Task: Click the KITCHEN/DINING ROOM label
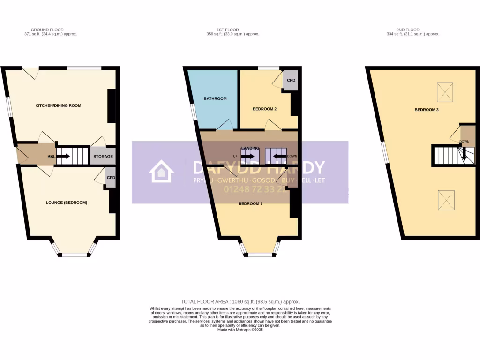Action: [x=58, y=105]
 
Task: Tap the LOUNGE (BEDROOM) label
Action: [x=67, y=202]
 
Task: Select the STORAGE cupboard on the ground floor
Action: [x=103, y=156]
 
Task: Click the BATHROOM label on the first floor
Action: [x=215, y=98]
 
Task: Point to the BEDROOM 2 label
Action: [x=264, y=109]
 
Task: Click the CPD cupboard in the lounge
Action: [x=111, y=178]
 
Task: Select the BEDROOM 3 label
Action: [x=426, y=110]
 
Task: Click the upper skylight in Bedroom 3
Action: [x=445, y=92]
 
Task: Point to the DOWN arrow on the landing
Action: [x=280, y=156]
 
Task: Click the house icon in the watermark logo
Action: [x=161, y=171]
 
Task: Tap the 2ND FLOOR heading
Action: [x=412, y=30]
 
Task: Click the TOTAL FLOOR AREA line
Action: [x=240, y=302]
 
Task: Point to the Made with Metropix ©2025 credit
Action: [x=240, y=330]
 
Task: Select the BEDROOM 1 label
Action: [x=250, y=203]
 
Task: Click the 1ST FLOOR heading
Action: [x=232, y=30]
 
